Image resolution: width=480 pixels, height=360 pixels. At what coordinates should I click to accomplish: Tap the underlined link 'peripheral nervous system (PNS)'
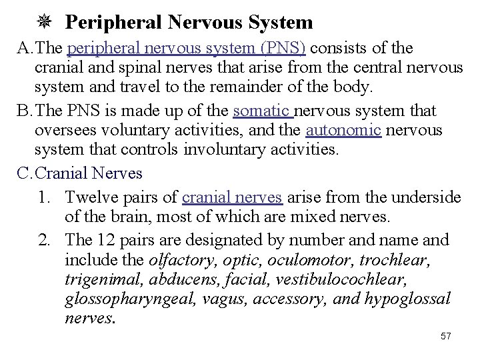tap(187, 49)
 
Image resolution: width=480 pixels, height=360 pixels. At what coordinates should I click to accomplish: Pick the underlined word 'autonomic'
tap(343, 130)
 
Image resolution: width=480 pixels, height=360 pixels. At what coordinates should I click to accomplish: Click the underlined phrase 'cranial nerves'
tap(233, 197)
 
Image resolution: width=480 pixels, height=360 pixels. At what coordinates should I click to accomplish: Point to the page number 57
tap(446, 336)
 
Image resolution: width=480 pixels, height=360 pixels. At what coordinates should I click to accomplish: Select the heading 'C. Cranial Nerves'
tap(80, 174)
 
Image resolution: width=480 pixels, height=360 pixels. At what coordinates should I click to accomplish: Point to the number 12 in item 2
tap(107, 239)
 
